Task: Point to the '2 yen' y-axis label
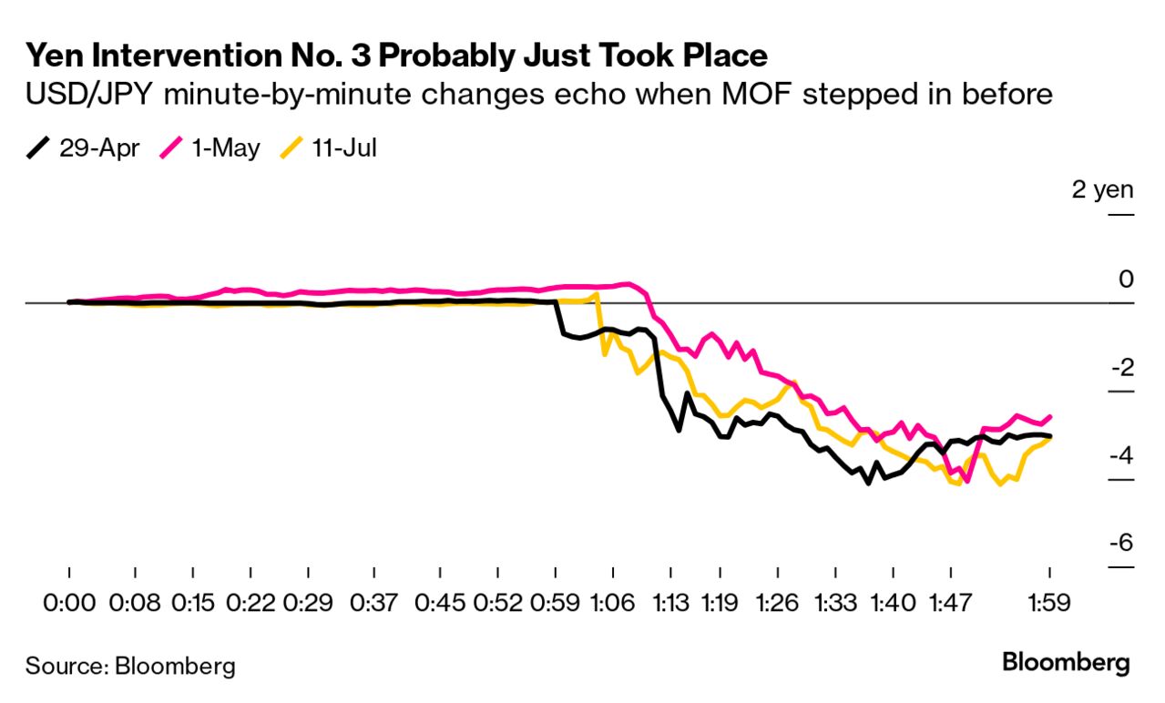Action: (1103, 190)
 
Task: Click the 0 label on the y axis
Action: (1127, 279)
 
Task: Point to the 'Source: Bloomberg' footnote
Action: (130, 666)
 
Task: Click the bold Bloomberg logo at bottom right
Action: (1066, 663)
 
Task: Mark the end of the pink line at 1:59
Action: (1050, 417)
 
